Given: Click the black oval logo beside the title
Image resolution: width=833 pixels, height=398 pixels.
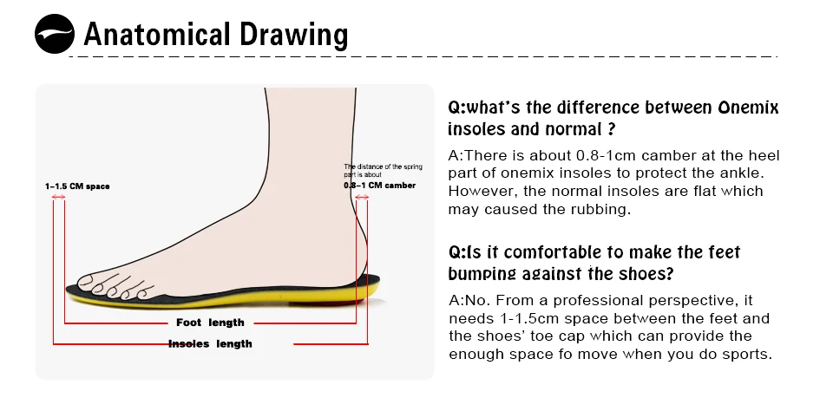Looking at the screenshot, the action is point(55,36).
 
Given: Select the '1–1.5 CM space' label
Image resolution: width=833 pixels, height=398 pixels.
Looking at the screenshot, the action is point(77,186).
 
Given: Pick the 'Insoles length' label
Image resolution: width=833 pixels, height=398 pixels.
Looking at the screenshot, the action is point(210,344).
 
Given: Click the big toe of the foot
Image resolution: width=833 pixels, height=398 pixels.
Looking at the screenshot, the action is point(88,282).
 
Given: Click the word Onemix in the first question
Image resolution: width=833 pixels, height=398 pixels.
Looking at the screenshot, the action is point(749,108).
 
